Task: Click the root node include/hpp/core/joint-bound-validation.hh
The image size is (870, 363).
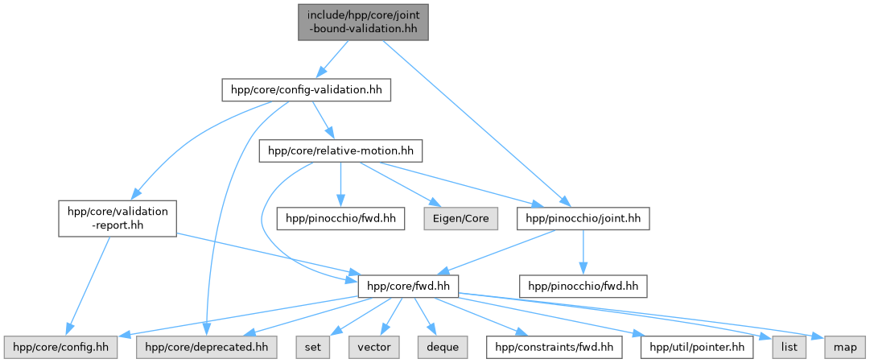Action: pos(361,21)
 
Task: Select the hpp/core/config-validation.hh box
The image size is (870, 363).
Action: pos(307,90)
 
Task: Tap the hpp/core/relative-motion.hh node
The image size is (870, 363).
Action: pos(340,151)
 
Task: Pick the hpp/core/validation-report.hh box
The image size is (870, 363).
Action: pos(117,218)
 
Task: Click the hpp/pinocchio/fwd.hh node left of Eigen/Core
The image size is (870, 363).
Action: pos(340,217)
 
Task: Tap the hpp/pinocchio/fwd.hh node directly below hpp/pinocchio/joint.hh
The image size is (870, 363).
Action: pos(583,285)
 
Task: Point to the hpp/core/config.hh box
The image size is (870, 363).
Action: pos(60,348)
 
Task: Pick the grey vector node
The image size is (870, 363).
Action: pos(374,348)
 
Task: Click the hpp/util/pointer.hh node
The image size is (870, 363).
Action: pos(697,348)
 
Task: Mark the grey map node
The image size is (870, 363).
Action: pos(844,348)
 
